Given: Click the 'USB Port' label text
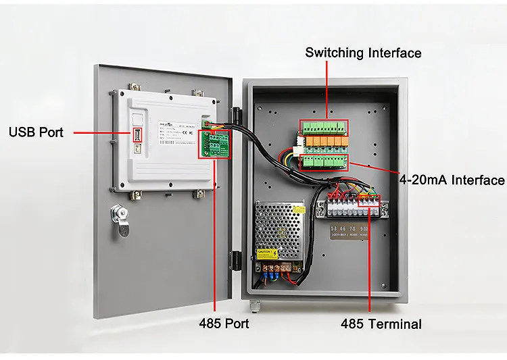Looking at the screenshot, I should tap(36, 132).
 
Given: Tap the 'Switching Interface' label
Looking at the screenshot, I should tap(363, 53).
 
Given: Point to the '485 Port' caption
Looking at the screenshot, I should tap(224, 324).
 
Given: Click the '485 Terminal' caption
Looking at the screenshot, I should tap(381, 324).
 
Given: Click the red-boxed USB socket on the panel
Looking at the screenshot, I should tap(138, 134).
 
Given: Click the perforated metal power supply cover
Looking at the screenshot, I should tap(279, 226).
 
